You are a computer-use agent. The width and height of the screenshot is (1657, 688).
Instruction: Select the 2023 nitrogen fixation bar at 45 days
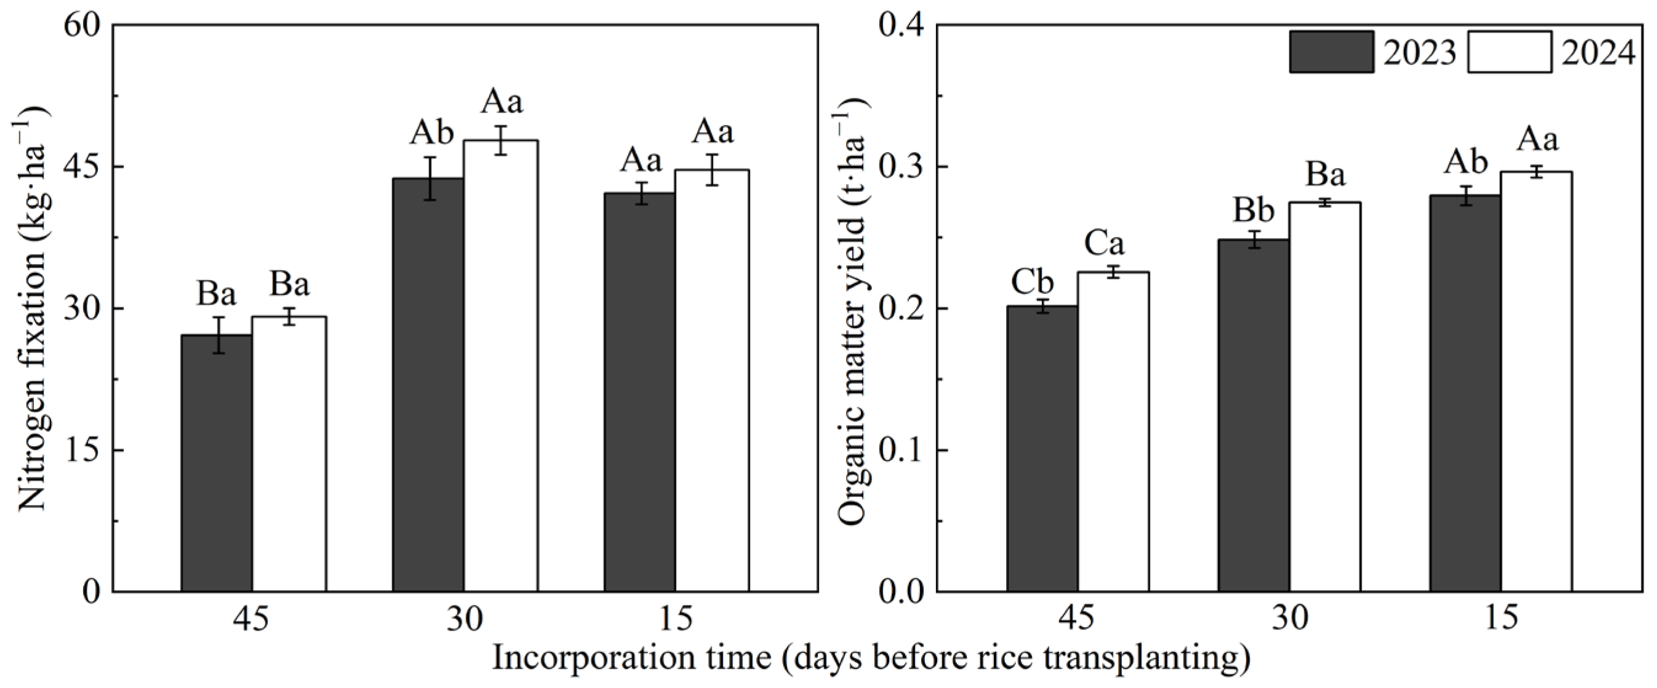pyautogui.click(x=217, y=463)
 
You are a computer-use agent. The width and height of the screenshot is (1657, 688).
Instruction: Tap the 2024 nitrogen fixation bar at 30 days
pyautogui.click(x=501, y=367)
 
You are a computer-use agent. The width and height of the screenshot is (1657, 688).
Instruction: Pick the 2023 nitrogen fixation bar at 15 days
pyautogui.click(x=639, y=392)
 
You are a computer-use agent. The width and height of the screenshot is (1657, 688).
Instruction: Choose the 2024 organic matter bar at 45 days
pyautogui.click(x=1113, y=431)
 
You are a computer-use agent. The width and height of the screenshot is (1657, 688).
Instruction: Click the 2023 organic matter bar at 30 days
pyautogui.click(x=1254, y=415)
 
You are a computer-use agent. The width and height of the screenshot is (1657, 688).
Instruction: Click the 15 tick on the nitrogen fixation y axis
pyautogui.click(x=83, y=450)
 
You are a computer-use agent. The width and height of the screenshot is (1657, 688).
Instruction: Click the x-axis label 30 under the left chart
pyautogui.click(x=464, y=620)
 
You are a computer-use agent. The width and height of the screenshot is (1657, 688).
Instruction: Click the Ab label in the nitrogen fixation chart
pyautogui.click(x=432, y=133)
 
